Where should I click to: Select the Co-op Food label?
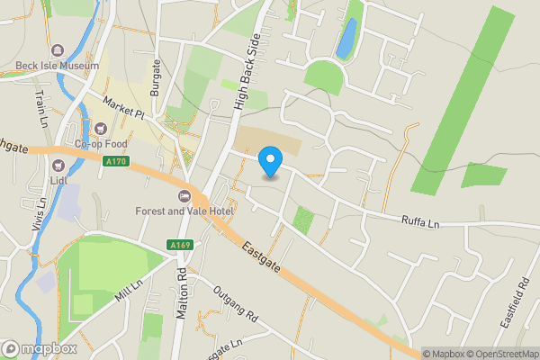[101, 143]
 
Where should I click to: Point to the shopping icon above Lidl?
[60, 165]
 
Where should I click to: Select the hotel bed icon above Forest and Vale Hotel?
[185, 196]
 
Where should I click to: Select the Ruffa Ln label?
[419, 220]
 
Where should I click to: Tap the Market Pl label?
[123, 109]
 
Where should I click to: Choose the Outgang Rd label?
[235, 306]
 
